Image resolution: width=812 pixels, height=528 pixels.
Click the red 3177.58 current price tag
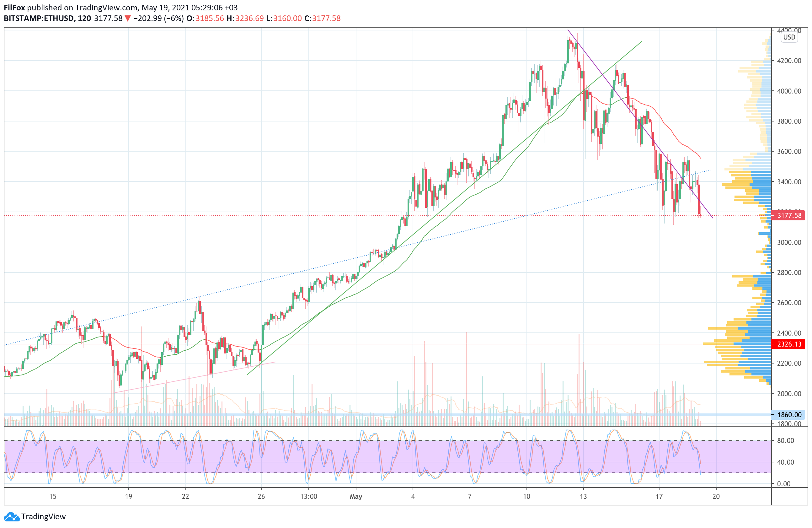point(788,215)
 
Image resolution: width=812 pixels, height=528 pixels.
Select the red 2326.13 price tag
point(788,344)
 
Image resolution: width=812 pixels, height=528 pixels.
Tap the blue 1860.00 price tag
point(788,415)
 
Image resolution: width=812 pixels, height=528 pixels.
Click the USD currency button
point(789,37)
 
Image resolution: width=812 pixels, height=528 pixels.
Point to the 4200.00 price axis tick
point(789,61)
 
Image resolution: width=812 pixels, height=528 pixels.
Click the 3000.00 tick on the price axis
point(789,242)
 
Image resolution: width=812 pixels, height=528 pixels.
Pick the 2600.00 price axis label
point(789,303)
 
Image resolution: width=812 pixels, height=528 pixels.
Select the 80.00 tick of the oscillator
point(785,441)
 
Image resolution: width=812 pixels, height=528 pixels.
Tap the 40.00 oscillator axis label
point(785,462)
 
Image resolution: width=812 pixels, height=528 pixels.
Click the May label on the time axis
point(356,497)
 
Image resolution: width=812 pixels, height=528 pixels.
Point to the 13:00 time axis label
point(309,497)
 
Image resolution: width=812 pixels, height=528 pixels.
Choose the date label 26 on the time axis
point(261,497)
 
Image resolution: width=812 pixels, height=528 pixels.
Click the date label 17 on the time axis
point(659,497)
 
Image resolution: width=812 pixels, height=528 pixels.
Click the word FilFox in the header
point(14,8)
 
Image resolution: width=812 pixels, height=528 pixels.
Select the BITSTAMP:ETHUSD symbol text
point(39,19)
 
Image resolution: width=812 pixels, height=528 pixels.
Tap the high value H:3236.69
point(245,19)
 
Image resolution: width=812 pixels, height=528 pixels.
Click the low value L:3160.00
point(284,19)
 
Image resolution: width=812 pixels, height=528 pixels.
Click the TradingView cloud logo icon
point(12,517)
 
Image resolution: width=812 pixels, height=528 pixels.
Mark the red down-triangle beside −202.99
point(128,19)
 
